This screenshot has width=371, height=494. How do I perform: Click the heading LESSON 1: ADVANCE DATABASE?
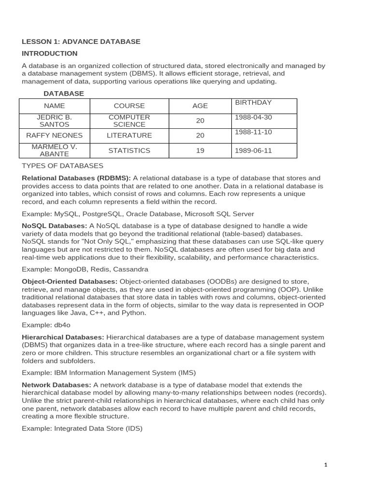(81, 41)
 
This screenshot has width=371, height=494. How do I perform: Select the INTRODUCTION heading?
(50, 54)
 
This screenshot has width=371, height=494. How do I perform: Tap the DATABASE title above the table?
(64, 94)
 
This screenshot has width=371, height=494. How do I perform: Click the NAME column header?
(54, 106)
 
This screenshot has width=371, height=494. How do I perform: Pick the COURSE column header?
(129, 106)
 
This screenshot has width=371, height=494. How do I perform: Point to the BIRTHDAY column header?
(253, 102)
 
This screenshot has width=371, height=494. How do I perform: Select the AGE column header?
(200, 106)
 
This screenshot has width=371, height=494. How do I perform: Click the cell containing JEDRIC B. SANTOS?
(54, 121)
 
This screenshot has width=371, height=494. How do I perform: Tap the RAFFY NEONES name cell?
(54, 136)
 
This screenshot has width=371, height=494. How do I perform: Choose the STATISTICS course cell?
(129, 151)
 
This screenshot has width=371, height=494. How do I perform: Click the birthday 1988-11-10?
(253, 132)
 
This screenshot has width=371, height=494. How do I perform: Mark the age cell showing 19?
(200, 151)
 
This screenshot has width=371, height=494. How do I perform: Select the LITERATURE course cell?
(129, 136)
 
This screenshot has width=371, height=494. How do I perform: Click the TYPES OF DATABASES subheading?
(62, 166)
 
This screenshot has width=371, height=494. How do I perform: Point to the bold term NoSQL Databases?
(55, 226)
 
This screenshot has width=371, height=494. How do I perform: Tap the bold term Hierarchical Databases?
(63, 337)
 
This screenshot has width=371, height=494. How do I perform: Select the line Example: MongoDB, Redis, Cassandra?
(85, 269)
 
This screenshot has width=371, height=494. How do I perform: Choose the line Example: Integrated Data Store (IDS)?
(82, 428)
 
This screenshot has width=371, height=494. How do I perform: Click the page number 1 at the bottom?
(326, 465)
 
